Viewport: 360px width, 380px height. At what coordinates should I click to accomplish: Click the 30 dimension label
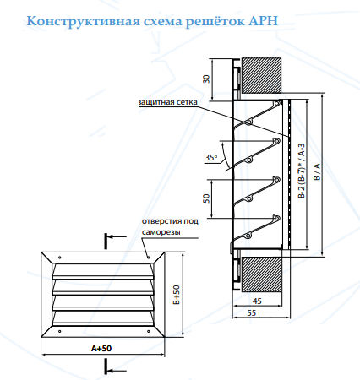coord(206,79)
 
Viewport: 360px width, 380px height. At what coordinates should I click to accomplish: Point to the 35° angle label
coord(211,158)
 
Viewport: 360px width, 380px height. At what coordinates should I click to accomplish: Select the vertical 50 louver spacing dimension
coord(206,198)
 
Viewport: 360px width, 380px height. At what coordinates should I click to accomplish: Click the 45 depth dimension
coord(257,301)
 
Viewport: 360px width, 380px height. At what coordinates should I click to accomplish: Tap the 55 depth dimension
coord(252,312)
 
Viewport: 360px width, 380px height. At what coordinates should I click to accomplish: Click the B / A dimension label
coord(317,171)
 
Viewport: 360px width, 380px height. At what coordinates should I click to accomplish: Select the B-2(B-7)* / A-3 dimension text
coord(302,171)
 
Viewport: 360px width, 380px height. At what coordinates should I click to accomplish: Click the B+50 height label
coord(176,295)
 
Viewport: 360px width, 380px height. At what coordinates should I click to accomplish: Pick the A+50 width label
coord(101,349)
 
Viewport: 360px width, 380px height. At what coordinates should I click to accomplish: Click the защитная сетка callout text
coord(168,102)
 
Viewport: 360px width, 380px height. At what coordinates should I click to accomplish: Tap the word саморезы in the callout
coord(161,232)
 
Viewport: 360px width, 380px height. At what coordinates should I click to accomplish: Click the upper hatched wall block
coord(261,76)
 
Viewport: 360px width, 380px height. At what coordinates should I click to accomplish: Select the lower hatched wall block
coord(261,274)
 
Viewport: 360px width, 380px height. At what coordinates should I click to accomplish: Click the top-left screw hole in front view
coord(59,258)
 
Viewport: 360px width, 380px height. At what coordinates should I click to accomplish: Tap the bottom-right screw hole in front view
coord(149,331)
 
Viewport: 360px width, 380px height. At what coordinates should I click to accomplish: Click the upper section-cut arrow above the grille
coord(116,237)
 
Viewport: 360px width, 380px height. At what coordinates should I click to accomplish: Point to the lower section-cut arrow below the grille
coord(116,371)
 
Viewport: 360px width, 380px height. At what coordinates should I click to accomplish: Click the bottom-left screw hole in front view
coord(59,331)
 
